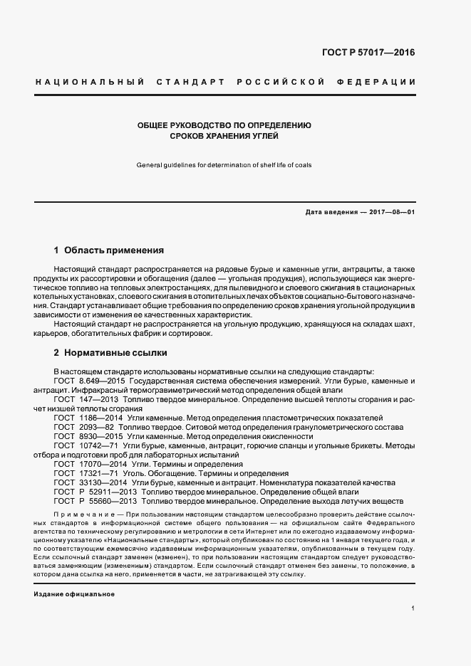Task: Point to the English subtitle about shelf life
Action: click(x=224, y=165)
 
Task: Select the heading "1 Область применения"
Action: click(x=109, y=250)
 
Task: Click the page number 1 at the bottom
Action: click(x=413, y=608)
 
